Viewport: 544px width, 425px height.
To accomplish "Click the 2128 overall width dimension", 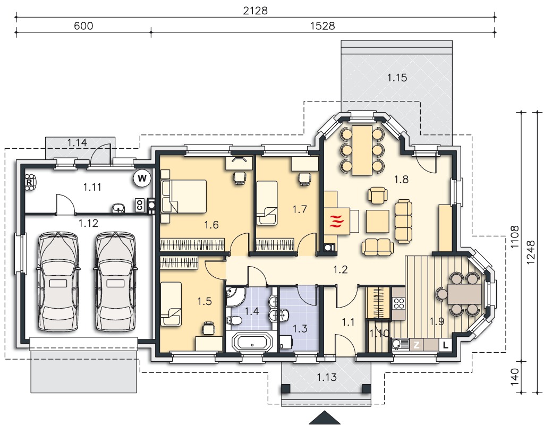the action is [256, 11].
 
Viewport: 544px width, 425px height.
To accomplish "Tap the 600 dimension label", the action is [83, 26].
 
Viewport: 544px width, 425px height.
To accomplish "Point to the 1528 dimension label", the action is [322, 26].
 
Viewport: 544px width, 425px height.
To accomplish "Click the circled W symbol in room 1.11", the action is [142, 178].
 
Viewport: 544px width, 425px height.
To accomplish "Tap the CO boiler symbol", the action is [140, 205].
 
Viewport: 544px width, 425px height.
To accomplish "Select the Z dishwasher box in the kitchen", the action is [416, 345].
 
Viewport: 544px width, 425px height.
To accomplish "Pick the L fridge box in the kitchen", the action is [446, 345].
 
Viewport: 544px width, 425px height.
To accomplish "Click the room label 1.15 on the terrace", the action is [397, 78].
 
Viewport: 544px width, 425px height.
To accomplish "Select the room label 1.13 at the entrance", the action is [327, 377].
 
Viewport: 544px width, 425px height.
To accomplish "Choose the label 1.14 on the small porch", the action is [77, 142].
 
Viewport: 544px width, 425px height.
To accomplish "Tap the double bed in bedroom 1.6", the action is [184, 196].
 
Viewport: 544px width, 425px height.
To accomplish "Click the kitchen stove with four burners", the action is [398, 303].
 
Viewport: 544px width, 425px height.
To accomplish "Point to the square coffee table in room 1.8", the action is [377, 221].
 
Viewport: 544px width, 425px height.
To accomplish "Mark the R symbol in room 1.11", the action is [30, 182].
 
